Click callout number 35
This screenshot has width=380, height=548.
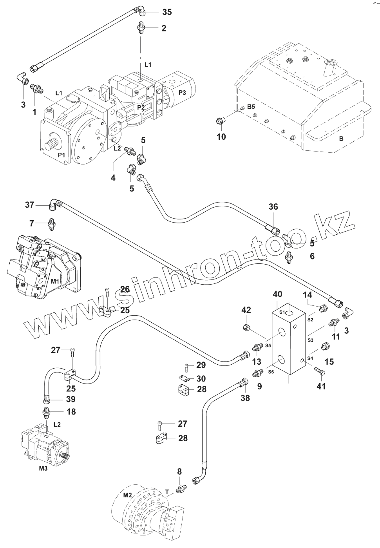[x=167, y=12]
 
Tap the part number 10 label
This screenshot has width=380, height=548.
[x=221, y=137]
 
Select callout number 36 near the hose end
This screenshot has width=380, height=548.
[x=273, y=207]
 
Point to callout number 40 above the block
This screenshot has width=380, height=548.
[x=277, y=294]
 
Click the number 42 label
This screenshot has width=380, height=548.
[x=246, y=310]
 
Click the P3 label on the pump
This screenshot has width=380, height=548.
[x=182, y=93]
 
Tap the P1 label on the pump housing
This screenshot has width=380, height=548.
[x=62, y=155]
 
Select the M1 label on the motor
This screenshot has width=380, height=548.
[x=55, y=281]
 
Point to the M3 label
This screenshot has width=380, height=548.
[x=43, y=468]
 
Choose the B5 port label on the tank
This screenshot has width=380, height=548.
[x=251, y=106]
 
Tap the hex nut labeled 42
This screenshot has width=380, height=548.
[x=246, y=327]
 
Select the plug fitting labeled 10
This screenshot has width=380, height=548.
[x=221, y=121]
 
